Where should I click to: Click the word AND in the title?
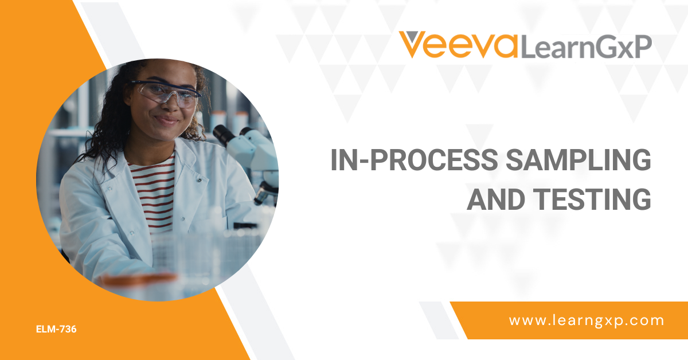497,199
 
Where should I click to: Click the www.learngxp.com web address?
587,320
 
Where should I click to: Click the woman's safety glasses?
166,92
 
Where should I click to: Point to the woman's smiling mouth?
167,120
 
